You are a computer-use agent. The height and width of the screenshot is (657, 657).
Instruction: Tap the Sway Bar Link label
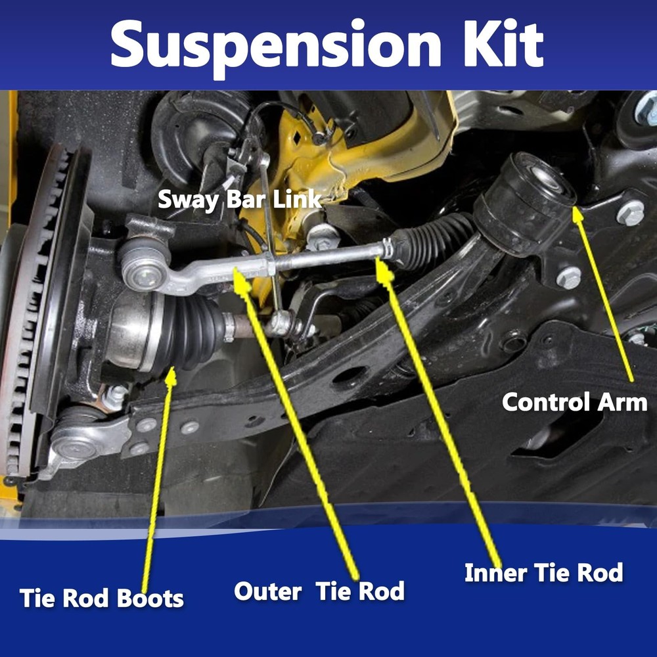tap(240, 199)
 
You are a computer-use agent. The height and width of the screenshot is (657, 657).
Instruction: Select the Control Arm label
tap(579, 401)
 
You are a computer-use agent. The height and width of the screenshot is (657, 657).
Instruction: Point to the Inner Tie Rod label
tap(543, 572)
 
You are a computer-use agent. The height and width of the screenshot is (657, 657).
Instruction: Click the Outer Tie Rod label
tap(319, 591)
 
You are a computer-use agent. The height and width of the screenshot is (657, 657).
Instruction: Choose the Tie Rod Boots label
tap(102, 598)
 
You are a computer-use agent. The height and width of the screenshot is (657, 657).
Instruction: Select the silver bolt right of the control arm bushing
tap(630, 212)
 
